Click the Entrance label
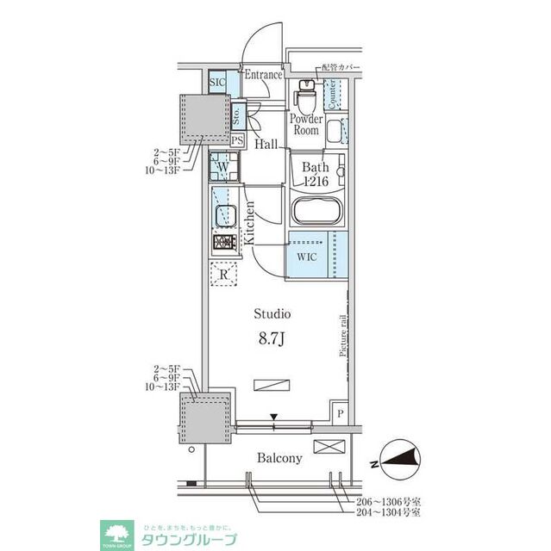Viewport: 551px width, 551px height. coord(263,75)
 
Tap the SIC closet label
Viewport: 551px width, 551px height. coord(218,82)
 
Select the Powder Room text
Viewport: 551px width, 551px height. coord(305,125)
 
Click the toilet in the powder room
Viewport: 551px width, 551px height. coord(306,91)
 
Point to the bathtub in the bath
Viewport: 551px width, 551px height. coord(314,211)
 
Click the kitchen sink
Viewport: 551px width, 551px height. coord(226,214)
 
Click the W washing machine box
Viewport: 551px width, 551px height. coord(222,166)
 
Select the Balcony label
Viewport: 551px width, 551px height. coord(279,458)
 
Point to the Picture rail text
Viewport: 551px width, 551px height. coord(342,337)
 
